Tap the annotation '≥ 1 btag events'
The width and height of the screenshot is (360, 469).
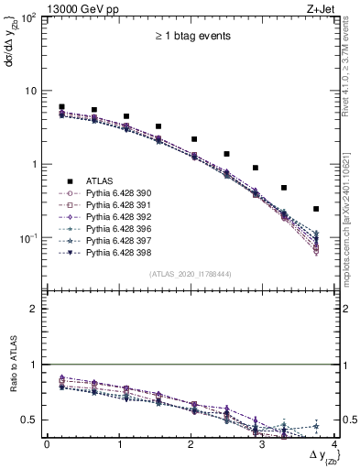(191, 37)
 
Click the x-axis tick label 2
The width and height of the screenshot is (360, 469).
(191, 444)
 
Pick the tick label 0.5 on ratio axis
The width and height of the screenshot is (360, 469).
(33, 420)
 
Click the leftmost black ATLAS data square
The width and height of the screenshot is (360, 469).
(61, 107)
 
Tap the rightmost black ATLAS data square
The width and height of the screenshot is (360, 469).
(316, 209)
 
